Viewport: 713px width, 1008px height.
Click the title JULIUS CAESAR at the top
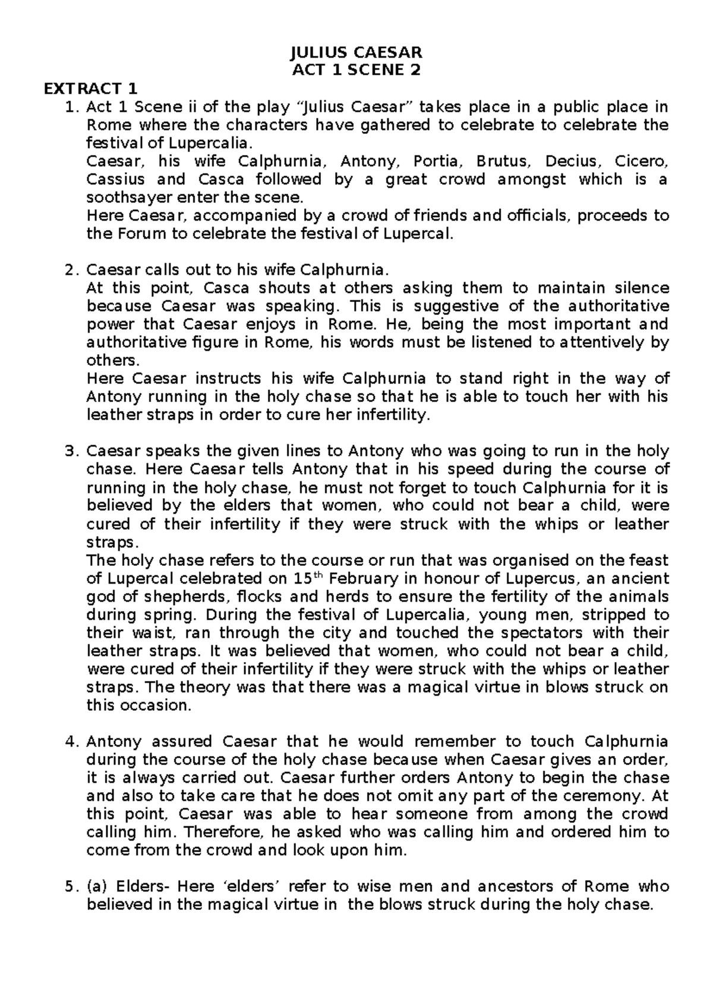pyautogui.click(x=356, y=53)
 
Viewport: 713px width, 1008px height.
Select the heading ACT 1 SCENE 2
pyautogui.click(x=356, y=71)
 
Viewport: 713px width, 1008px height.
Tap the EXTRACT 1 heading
pyautogui.click(x=90, y=89)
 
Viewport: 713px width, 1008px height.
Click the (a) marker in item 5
pyautogui.click(x=96, y=887)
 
